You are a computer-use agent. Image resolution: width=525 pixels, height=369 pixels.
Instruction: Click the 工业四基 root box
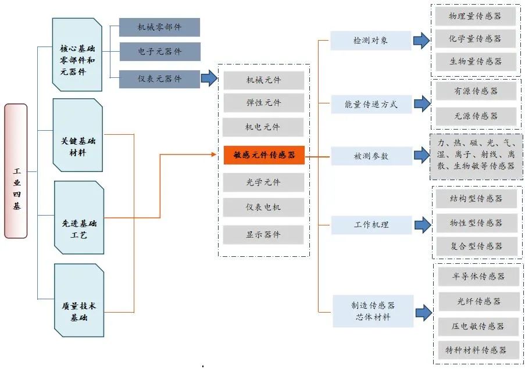tap(16, 171)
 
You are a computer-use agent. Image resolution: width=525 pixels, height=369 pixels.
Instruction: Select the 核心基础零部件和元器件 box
tap(77, 55)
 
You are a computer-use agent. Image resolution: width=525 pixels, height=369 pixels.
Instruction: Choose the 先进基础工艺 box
tap(79, 217)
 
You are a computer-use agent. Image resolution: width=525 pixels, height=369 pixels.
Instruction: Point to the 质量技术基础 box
tap(79, 300)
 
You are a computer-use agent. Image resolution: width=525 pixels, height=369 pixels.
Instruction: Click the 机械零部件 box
tap(159, 27)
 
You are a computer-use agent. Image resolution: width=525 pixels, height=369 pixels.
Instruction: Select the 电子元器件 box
tap(159, 52)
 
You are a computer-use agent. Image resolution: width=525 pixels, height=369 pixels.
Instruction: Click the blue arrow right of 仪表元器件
tap(209, 78)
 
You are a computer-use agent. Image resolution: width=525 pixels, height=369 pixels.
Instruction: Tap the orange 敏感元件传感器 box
tap(264, 155)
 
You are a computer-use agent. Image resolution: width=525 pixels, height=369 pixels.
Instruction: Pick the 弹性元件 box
tap(263, 103)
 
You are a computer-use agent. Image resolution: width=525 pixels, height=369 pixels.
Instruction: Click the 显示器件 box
tap(263, 235)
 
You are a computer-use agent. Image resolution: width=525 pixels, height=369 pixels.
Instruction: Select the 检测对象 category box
tap(370, 41)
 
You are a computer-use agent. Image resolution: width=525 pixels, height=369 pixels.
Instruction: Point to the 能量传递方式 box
tap(370, 105)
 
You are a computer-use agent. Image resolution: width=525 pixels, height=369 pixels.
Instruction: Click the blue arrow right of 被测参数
tap(422, 156)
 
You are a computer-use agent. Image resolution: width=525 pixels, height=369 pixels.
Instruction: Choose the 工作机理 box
tap(370, 224)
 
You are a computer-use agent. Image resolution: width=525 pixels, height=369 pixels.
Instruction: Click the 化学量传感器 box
tap(475, 39)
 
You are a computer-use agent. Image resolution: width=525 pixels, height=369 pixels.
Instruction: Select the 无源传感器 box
tap(476, 117)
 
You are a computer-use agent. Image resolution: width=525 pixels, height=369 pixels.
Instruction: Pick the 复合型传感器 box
tap(476, 246)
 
